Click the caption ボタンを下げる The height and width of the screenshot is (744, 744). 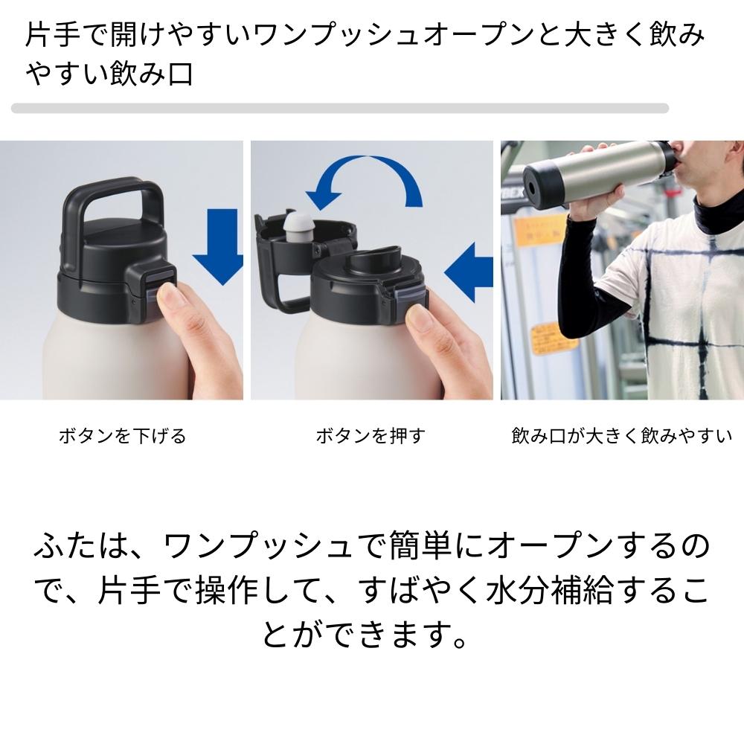click(123, 435)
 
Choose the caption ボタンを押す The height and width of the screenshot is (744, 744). click(371, 435)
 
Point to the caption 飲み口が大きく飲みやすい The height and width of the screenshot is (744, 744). click(621, 435)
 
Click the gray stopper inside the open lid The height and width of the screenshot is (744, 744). click(298, 227)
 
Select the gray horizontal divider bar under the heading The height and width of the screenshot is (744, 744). click(340, 108)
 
